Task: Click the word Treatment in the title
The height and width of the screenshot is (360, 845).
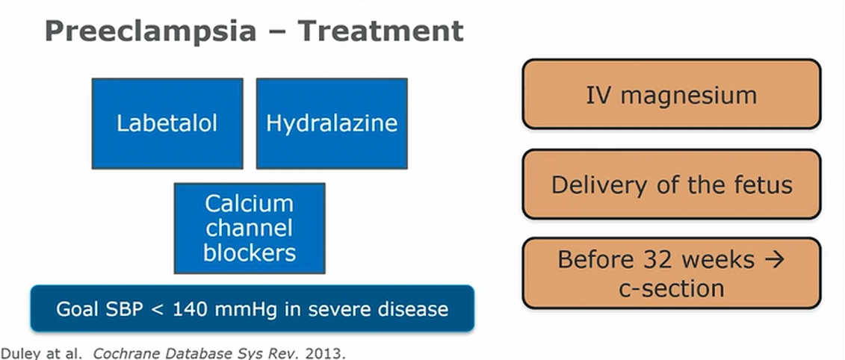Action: coord(380,31)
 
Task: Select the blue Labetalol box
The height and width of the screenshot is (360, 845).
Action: coord(167,123)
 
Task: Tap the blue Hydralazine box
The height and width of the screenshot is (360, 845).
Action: coord(332,123)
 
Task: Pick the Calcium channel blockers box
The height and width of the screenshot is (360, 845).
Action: coord(250,228)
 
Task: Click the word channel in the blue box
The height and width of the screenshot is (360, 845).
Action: coord(250,228)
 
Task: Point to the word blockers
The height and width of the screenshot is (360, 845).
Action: coord(250,252)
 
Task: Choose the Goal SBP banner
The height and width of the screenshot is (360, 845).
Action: coord(252,308)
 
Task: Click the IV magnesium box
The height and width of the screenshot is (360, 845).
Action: coord(671,95)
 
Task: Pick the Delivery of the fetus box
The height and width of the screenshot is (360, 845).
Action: coord(671,184)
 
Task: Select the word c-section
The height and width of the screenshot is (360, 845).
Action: coord(671,288)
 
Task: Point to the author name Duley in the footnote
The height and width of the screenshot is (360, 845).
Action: coord(17,351)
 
